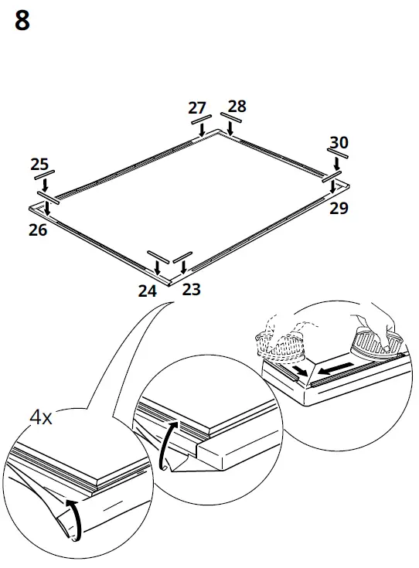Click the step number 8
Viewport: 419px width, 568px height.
click(x=22, y=21)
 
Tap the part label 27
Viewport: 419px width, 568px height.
click(x=199, y=108)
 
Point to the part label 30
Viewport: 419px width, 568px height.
click(x=339, y=142)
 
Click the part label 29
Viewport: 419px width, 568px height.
click(x=339, y=208)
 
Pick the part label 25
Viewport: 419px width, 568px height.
click(x=39, y=164)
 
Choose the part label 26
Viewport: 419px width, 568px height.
click(x=38, y=230)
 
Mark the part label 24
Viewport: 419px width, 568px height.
click(x=148, y=291)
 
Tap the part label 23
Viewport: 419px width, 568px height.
click(x=191, y=290)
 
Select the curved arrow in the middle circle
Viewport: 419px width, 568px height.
click(x=165, y=445)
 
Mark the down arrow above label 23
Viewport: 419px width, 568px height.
click(x=183, y=267)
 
